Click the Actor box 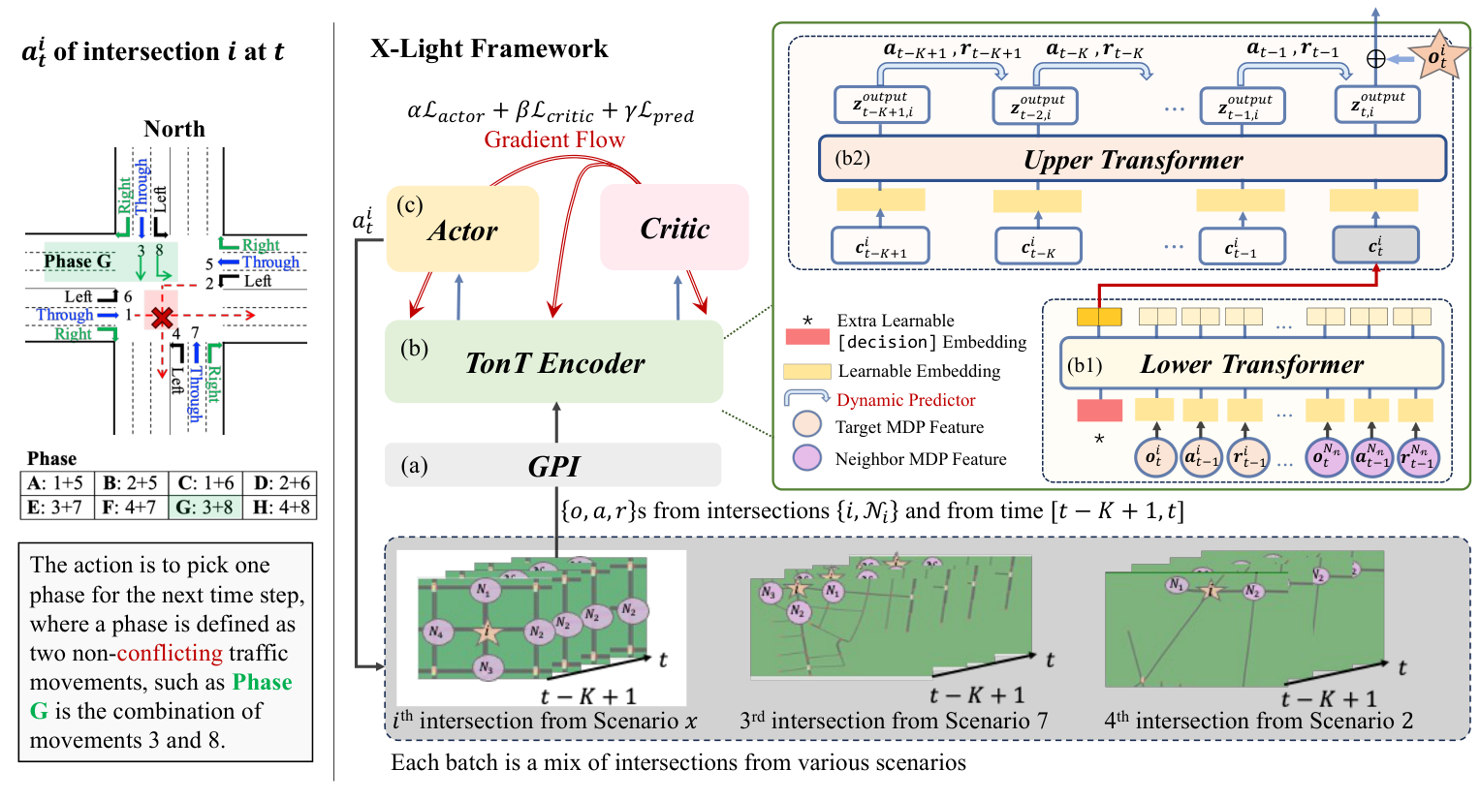click(x=462, y=230)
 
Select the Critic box click(x=675, y=228)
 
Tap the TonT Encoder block click(x=553, y=362)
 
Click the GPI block click(x=552, y=466)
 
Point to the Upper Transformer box click(x=1132, y=159)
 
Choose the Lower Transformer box click(x=1251, y=363)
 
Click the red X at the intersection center click(x=162, y=316)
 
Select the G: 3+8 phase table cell click(x=205, y=507)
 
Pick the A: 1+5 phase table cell click(x=56, y=482)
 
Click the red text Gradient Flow click(x=554, y=139)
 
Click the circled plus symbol click(x=1375, y=59)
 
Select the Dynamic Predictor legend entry click(x=905, y=400)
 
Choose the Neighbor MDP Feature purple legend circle click(x=806, y=458)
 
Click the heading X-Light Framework click(x=488, y=48)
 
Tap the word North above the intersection click(x=174, y=129)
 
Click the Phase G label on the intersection click(x=78, y=262)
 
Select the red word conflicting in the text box click(x=170, y=653)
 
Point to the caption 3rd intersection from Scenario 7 click(x=893, y=721)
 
